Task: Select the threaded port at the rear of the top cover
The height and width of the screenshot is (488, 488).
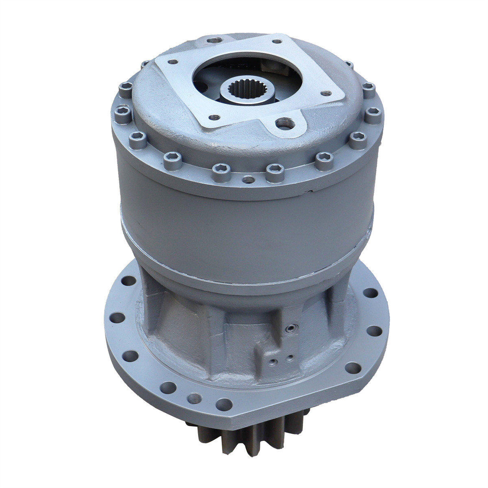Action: tap(214, 41)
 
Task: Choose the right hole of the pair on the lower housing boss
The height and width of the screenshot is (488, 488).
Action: tap(290, 358)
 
